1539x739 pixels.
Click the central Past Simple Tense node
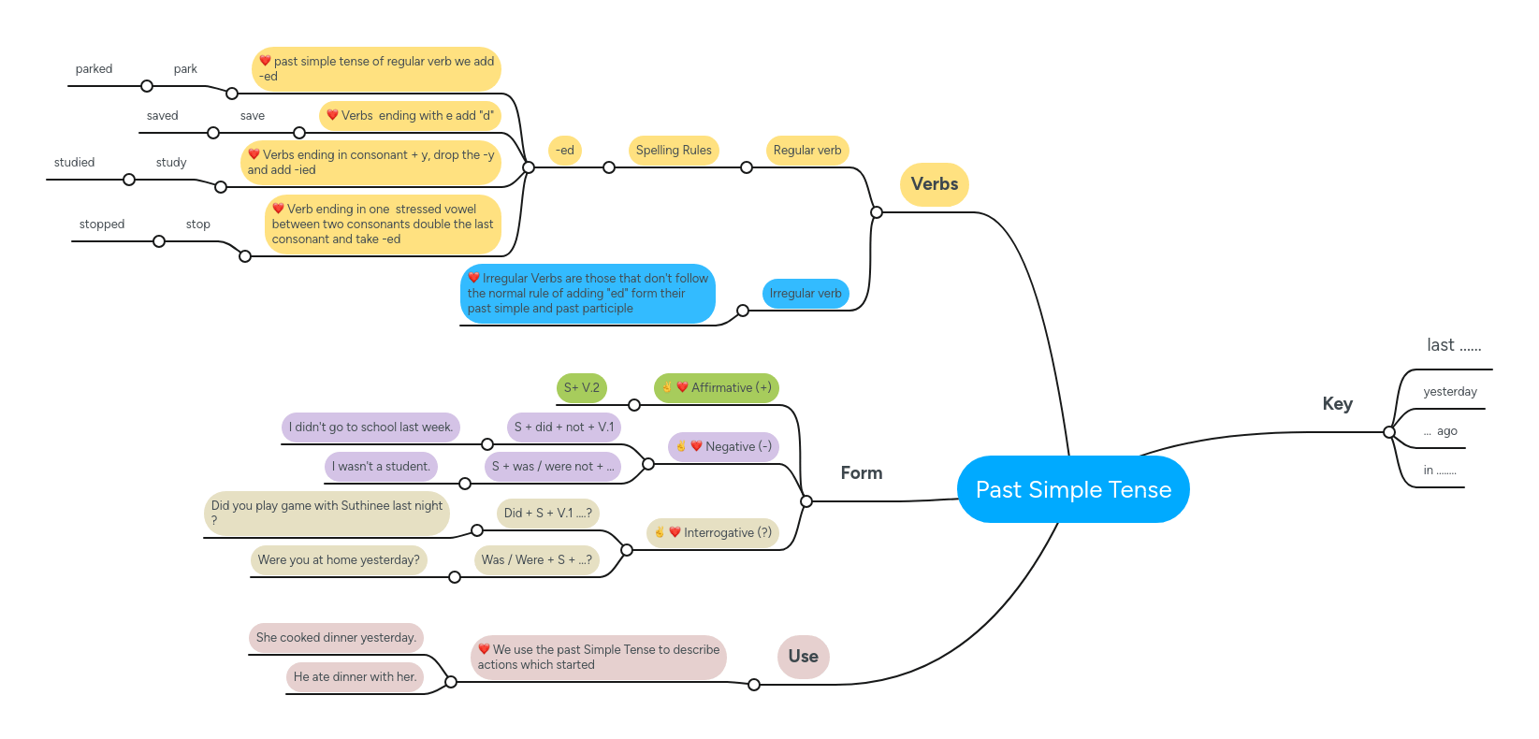[x=1073, y=489]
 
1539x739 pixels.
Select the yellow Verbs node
[x=934, y=184]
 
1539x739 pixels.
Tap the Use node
[x=803, y=657]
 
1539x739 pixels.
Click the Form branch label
[x=861, y=473]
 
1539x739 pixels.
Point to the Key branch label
[x=1337, y=404]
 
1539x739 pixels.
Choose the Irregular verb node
[x=806, y=294]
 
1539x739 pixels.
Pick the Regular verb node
[x=806, y=151]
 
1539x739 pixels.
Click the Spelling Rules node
[x=674, y=151]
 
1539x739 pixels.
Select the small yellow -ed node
[x=564, y=151]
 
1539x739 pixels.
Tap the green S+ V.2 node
[x=581, y=388]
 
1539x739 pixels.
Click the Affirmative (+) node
[x=716, y=388]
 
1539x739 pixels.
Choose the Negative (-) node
[x=723, y=447]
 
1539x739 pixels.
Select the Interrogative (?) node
[x=712, y=533]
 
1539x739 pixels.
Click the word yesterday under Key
[x=1449, y=392]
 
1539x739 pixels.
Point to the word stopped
[x=102, y=225]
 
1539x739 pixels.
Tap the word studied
[x=74, y=163]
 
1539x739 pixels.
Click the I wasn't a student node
[x=381, y=467]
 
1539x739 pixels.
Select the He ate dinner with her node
[x=355, y=677]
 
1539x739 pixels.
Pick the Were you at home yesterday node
[x=339, y=560]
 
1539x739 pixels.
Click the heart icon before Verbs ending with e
[x=332, y=115]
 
